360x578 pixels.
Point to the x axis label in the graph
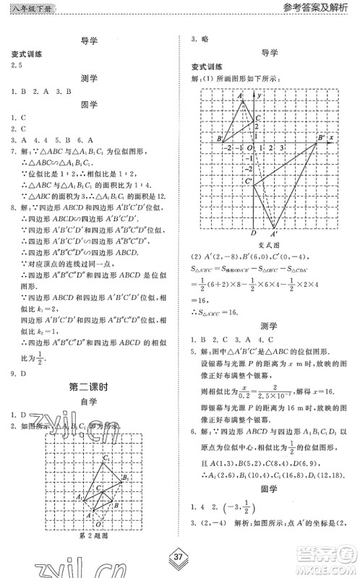(330, 136)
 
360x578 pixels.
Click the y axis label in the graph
(259, 95)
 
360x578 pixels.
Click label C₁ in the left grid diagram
(106, 458)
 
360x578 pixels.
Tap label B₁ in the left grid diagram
(124, 478)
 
